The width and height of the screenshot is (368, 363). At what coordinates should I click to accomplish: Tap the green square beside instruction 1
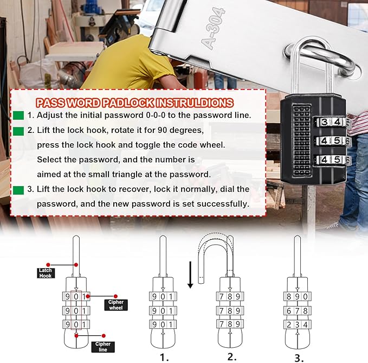[x=18, y=116]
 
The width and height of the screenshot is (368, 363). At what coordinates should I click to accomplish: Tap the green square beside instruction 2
[x=18, y=131]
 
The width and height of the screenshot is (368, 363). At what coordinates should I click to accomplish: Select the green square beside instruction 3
[x=18, y=189]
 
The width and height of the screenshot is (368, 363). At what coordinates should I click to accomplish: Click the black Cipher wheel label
[x=116, y=305]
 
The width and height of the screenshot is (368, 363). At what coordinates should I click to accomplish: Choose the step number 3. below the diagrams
[x=299, y=356]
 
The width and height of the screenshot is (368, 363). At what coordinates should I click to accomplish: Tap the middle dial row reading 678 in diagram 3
[x=297, y=310]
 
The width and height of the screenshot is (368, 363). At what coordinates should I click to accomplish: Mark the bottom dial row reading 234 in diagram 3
[x=297, y=324]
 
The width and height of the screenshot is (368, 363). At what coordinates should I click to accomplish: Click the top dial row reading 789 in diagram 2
[x=230, y=297]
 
